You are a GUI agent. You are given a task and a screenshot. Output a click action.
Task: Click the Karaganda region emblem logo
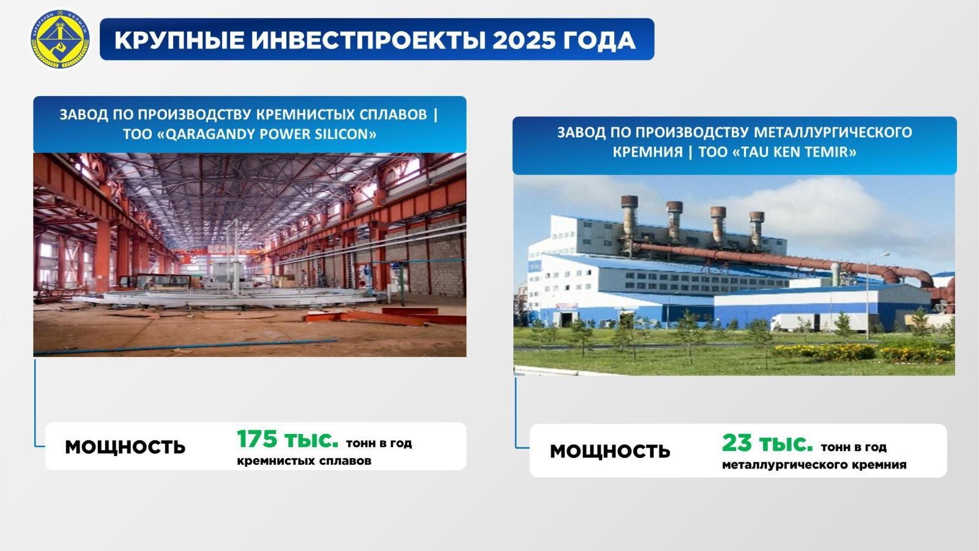(60, 39)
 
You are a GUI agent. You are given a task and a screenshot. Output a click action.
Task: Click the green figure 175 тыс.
(288, 440)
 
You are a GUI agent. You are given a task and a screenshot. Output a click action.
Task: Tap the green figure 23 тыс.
(767, 443)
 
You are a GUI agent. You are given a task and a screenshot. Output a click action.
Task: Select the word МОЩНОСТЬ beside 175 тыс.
(125, 448)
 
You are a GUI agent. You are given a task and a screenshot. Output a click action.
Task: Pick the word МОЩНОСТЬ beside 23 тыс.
(609, 451)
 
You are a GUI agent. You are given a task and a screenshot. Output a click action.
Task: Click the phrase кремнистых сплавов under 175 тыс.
(304, 461)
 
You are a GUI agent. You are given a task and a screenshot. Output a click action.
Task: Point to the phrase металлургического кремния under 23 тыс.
(814, 465)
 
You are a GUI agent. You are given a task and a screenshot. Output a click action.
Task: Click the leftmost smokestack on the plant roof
(630, 218)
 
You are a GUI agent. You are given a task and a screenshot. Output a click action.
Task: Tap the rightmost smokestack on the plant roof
(756, 229)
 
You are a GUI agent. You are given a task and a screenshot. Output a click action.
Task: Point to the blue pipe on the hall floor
(186, 347)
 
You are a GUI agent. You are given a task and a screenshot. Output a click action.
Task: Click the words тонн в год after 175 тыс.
(379, 443)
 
